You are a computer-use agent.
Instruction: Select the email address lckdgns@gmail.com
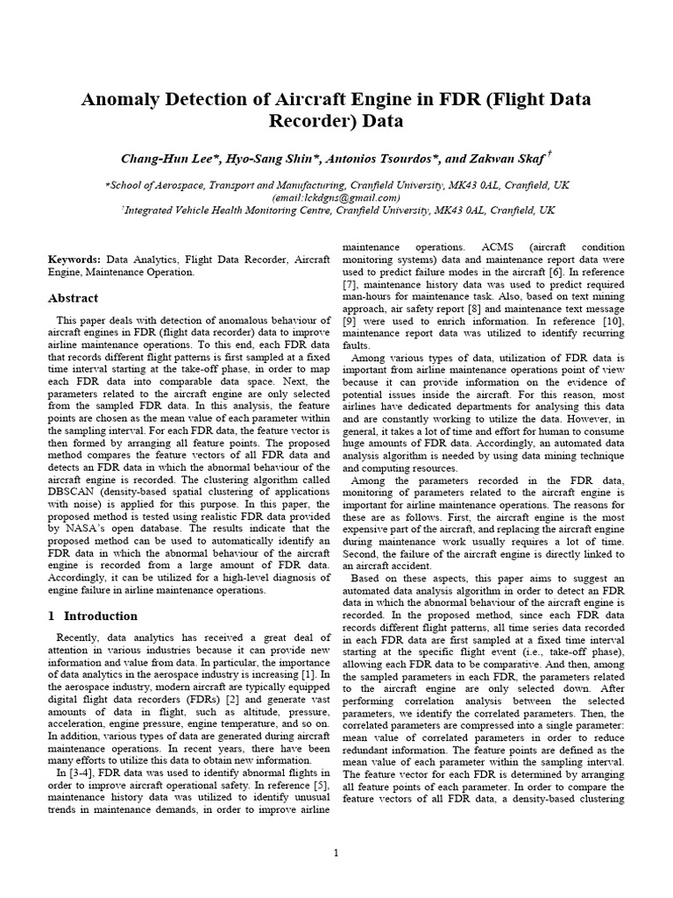[336, 198]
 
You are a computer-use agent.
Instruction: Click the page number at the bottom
[336, 853]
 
